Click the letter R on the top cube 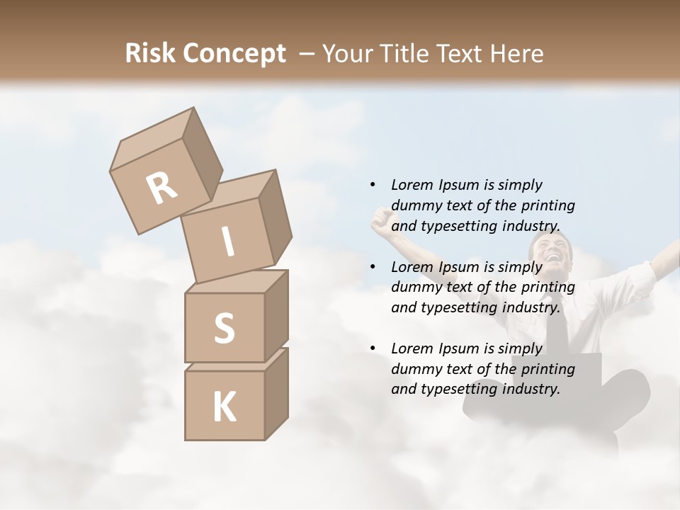click(x=161, y=188)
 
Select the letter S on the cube click(x=224, y=328)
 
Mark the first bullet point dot click(x=373, y=185)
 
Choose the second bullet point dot click(x=373, y=267)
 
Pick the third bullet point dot click(x=373, y=348)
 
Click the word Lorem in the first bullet click(x=412, y=185)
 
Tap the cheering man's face click(x=549, y=254)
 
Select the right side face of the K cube click(x=276, y=394)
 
